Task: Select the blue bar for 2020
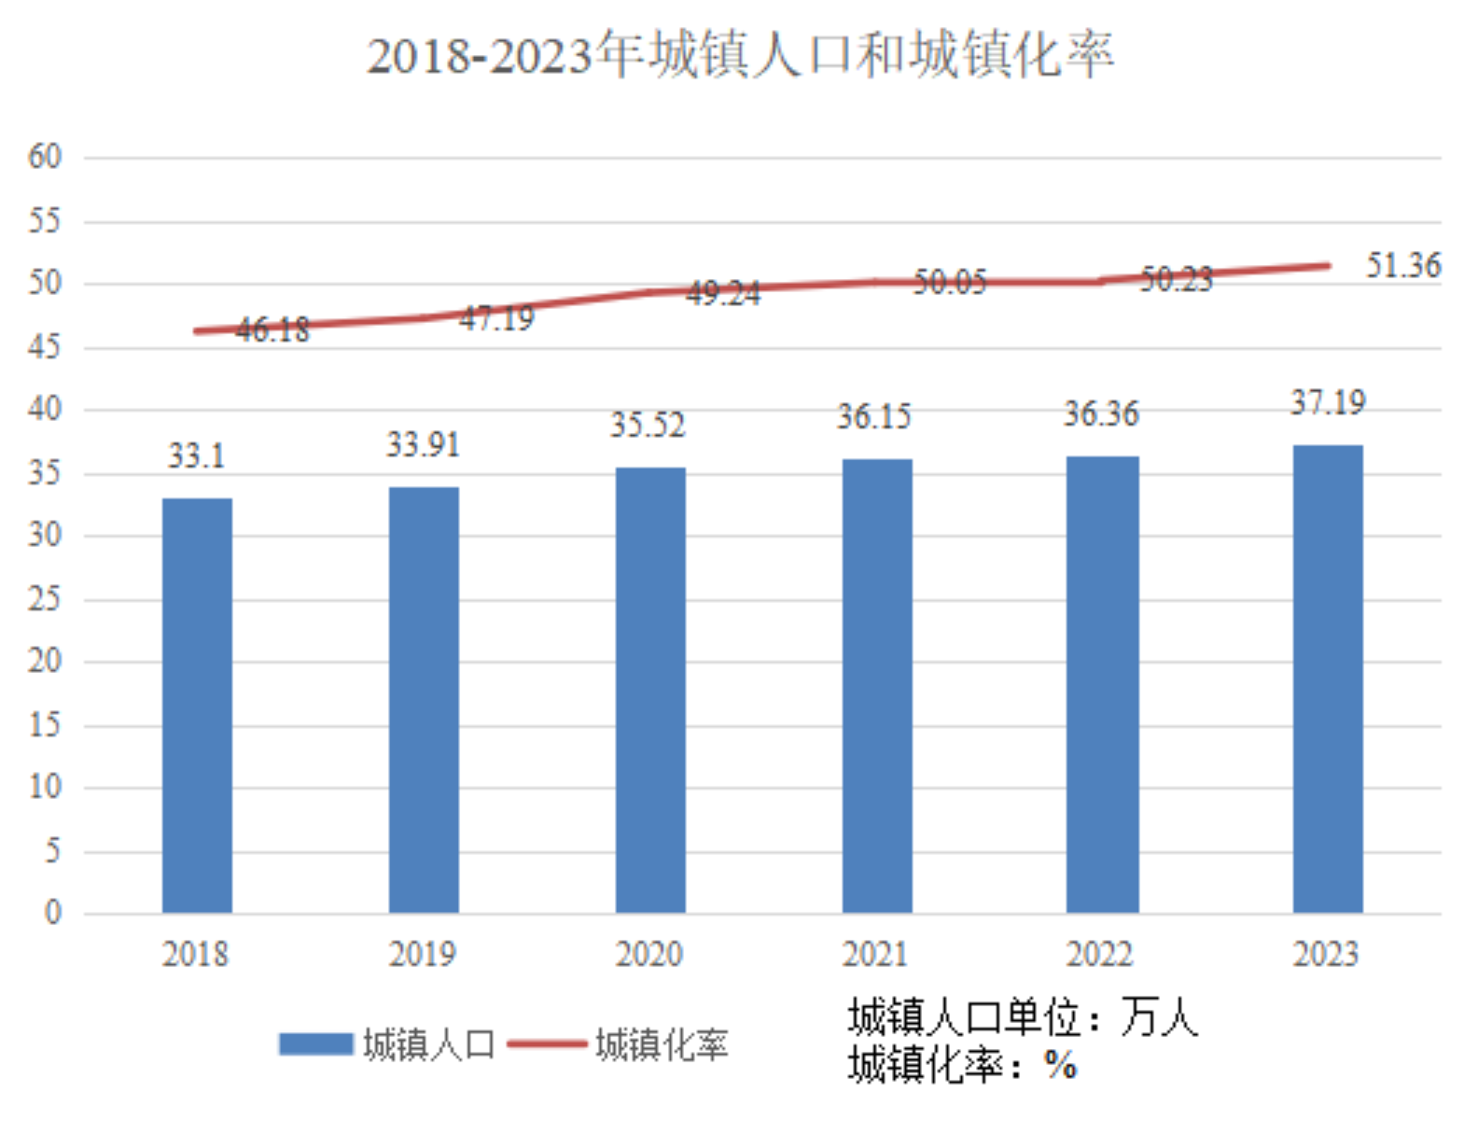coord(650,690)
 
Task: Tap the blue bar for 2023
coord(1328,679)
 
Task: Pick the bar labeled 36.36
coord(1102,684)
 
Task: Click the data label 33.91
coord(423,445)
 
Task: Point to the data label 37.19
coord(1328,403)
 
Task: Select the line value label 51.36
coord(1403,266)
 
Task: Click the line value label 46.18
coord(272,329)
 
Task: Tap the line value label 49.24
coord(723,293)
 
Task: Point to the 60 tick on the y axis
coord(45,157)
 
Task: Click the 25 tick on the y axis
coord(45,598)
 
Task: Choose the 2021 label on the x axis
coord(874,954)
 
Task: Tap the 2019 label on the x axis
coord(422,954)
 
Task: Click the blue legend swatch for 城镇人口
coord(316,1044)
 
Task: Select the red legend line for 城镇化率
coord(547,1044)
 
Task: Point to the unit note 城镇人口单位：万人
coord(1023,1016)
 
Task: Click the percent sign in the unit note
coord(1061,1065)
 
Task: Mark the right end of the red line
coord(1328,266)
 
